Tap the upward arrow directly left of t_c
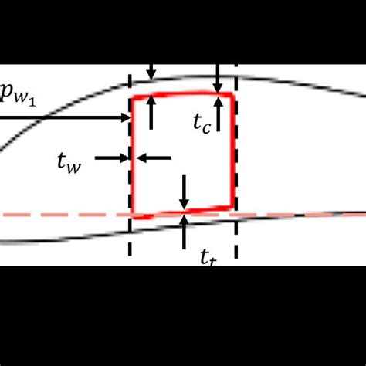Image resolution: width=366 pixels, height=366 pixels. [x=151, y=114]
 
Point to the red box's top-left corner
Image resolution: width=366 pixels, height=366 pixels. [x=134, y=97]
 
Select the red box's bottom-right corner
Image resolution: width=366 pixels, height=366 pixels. [x=232, y=206]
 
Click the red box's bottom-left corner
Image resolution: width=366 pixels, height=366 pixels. [x=134, y=215]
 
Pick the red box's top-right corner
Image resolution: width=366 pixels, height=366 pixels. [x=232, y=94]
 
